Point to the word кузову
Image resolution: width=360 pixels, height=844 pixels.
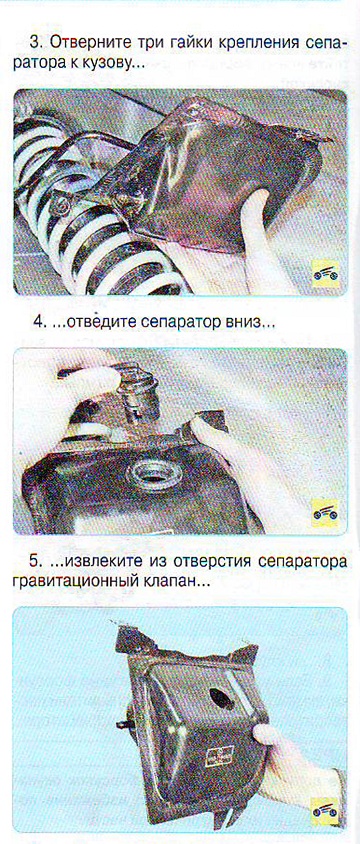105,64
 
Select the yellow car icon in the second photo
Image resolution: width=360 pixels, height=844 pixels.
325,513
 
